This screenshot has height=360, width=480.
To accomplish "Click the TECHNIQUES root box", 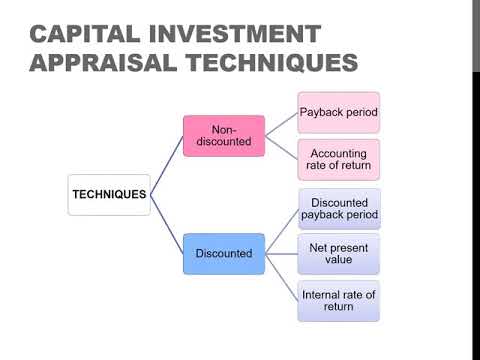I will click(x=109, y=193).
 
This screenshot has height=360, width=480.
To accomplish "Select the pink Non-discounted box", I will click(x=223, y=136).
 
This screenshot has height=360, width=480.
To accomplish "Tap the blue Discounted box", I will click(x=223, y=253).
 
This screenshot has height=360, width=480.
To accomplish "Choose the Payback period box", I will click(x=339, y=113).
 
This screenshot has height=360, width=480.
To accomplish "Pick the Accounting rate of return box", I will click(x=339, y=159).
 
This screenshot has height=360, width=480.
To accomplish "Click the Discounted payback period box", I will click(x=339, y=209).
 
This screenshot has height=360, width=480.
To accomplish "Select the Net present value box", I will click(x=339, y=253).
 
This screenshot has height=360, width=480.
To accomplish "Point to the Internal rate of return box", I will click(x=339, y=300).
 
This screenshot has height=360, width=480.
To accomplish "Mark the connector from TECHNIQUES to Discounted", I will click(x=167, y=225).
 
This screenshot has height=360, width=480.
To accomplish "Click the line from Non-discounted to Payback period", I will click(x=282, y=124).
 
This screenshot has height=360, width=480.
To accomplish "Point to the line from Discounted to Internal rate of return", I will click(x=282, y=278).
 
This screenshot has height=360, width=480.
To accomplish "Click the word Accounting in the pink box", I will click(x=339, y=152).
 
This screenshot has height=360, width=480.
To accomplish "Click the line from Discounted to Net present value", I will click(x=282, y=253).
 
